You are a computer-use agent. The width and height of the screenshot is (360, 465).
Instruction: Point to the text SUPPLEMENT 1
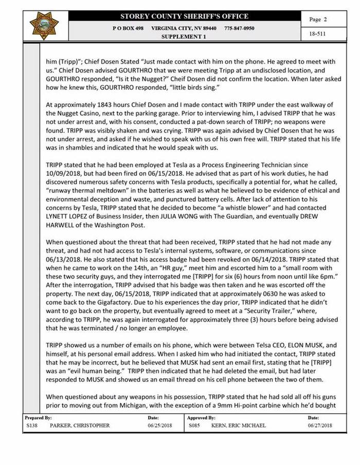[x=184, y=37]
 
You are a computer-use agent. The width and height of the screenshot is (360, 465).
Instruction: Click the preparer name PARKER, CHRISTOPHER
[x=80, y=425]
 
